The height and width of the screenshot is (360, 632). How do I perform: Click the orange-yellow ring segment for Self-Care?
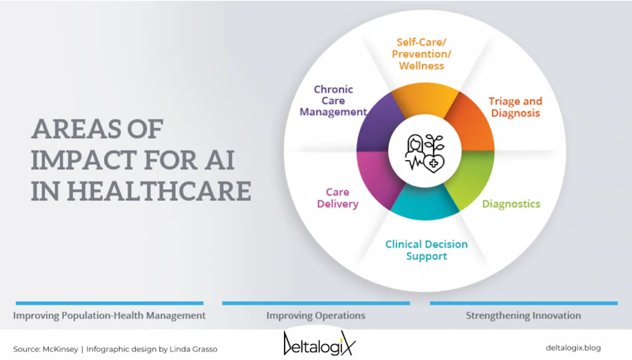[424, 99]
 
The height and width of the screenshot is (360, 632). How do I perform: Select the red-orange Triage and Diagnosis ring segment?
[472, 123]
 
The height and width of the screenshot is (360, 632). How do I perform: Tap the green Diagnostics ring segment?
[472, 180]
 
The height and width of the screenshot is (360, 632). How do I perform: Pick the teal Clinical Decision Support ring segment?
[424, 204]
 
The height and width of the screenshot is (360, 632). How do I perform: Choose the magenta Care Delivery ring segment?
[378, 180]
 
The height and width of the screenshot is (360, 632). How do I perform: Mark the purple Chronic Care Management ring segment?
[378, 123]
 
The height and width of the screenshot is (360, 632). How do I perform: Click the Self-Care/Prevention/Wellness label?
[421, 54]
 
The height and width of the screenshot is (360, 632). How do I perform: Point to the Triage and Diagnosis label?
[515, 107]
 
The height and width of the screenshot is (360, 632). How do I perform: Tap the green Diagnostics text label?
[511, 204]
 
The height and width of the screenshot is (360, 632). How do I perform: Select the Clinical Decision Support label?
[426, 250]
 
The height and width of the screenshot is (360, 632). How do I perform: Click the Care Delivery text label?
[338, 198]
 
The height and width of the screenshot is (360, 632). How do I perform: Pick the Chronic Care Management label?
[333, 101]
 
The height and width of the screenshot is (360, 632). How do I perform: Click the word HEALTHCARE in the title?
[159, 191]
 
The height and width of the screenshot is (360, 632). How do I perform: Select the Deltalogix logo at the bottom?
[320, 343]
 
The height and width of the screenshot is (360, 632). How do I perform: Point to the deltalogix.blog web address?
[573, 348]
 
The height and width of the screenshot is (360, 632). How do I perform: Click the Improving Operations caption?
[316, 315]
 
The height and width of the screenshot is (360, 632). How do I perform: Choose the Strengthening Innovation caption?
[524, 315]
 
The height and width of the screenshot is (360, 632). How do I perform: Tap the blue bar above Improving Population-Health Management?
[110, 303]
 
